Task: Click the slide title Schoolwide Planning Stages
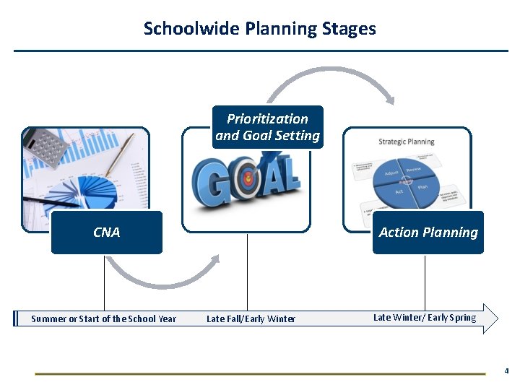259,29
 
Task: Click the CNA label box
107,233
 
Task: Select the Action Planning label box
428,233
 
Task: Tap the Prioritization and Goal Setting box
267,127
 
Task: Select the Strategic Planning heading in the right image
407,142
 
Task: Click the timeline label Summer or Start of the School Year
103,318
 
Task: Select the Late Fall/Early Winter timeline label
251,318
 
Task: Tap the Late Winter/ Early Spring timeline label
425,317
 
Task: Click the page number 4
506,371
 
